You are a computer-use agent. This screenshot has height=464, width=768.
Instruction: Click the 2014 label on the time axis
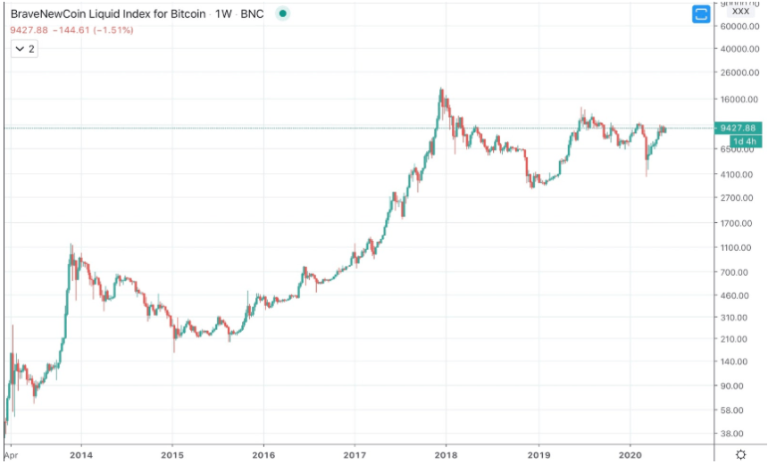pos(80,454)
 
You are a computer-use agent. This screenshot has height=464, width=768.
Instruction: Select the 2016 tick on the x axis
pos(263,454)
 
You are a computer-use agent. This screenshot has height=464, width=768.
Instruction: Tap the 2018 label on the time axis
pos(447,454)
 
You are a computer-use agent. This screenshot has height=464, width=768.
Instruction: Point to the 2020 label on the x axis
pos(630,454)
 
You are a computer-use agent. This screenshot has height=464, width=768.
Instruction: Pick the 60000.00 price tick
pos(740,27)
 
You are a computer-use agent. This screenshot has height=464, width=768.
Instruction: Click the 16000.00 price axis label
pos(740,99)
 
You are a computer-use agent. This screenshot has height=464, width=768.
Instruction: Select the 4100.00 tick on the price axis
pos(740,175)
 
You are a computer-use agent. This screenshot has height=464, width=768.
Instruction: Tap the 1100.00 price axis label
pos(740,247)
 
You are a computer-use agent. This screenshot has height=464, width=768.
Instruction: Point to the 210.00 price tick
pos(740,339)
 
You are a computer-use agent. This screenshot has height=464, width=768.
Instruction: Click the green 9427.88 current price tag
pos(739,128)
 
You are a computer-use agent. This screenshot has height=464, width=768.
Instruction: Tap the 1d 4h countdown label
pos(745,141)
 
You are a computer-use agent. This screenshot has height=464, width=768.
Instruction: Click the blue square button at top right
pos(701,13)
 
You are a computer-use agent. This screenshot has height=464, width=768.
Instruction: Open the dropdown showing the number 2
pos(24,50)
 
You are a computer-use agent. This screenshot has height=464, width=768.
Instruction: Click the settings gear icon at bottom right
pos(740,454)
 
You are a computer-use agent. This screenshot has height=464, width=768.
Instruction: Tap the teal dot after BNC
pos(283,14)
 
